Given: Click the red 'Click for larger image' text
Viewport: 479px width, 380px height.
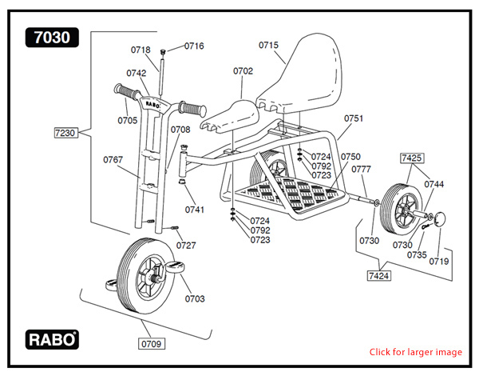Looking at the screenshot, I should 415,352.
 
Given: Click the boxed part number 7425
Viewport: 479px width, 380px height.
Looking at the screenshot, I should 411,158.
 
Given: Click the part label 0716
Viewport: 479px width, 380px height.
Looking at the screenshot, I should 194,46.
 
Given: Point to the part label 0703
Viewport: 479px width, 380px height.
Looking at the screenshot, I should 195,299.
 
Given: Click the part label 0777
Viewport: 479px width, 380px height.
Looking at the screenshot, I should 362,169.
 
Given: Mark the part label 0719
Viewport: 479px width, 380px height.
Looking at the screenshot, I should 438,261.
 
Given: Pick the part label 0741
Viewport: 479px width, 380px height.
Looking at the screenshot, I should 195,210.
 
